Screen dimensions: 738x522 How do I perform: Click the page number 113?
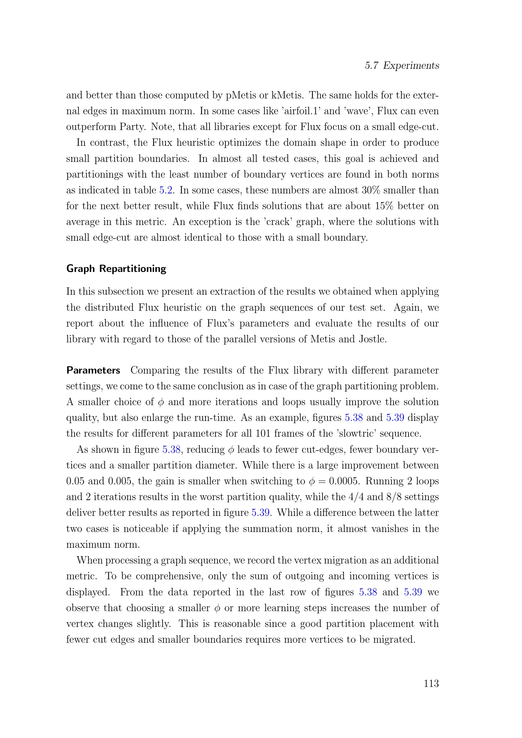[431, 683]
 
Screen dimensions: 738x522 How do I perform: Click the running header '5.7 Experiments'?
[402, 66]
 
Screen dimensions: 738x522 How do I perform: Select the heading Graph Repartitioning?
[116, 269]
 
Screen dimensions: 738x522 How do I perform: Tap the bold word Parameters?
[93, 370]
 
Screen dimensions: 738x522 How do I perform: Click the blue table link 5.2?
[166, 190]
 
